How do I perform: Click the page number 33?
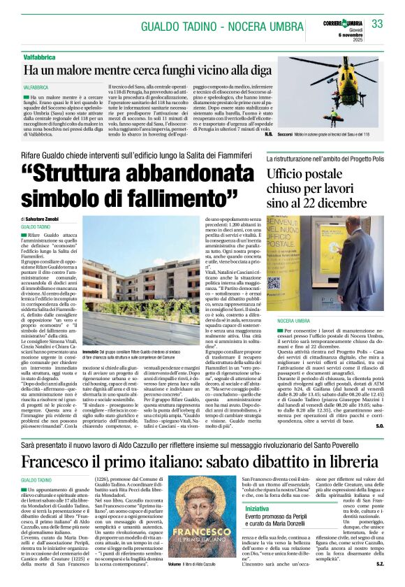(377, 24)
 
